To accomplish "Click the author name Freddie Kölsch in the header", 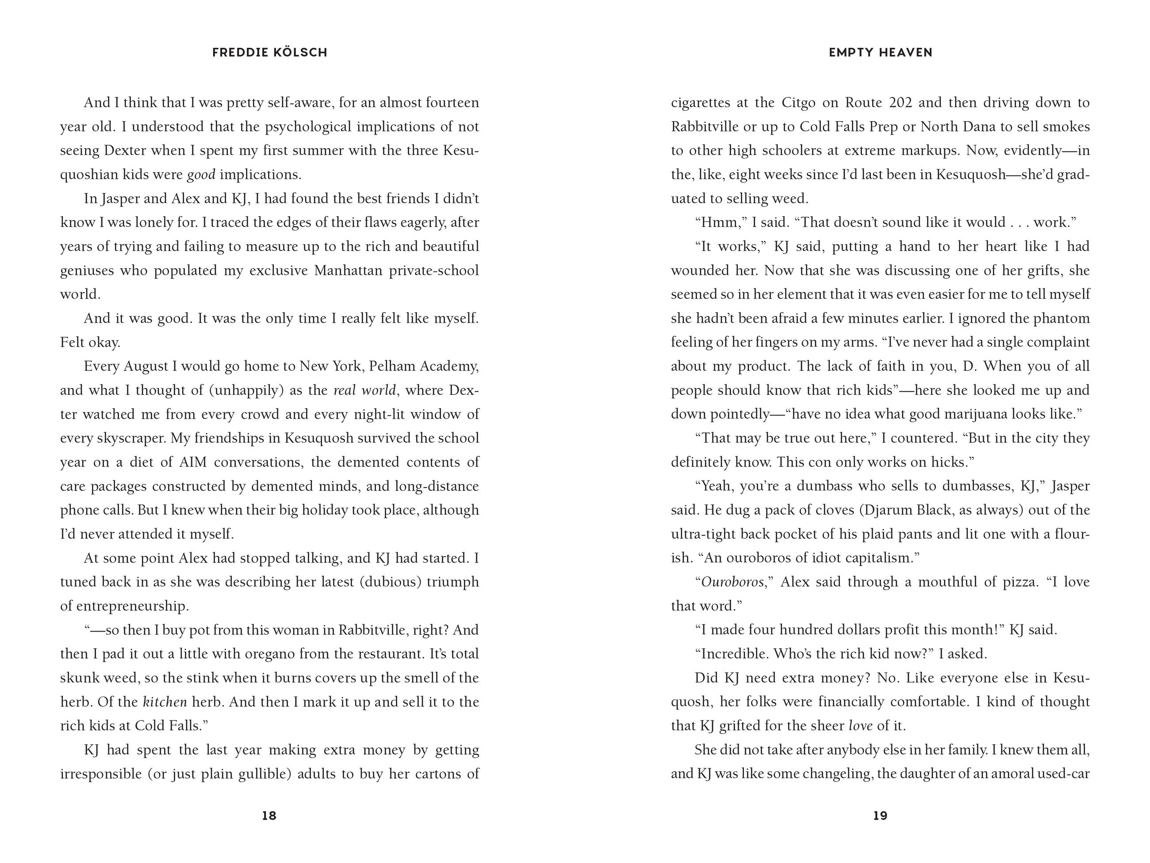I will pyautogui.click(x=269, y=53).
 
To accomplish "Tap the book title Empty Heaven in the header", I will pyautogui.click(x=880, y=53).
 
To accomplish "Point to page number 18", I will pyautogui.click(x=269, y=816).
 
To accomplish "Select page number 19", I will pyautogui.click(x=880, y=816).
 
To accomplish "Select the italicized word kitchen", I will pyautogui.click(x=165, y=702).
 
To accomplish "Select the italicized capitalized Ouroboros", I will pyautogui.click(x=732, y=582).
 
